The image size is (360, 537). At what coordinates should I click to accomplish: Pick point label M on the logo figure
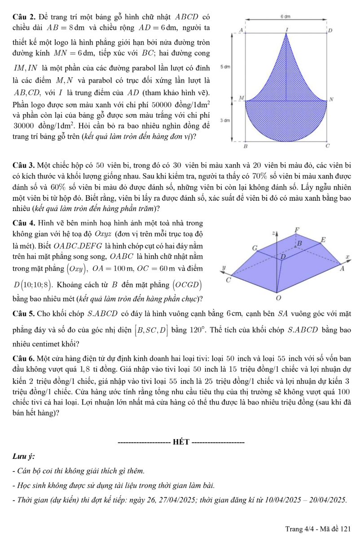(x=241, y=98)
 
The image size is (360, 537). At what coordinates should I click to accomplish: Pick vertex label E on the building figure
(x=323, y=239)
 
